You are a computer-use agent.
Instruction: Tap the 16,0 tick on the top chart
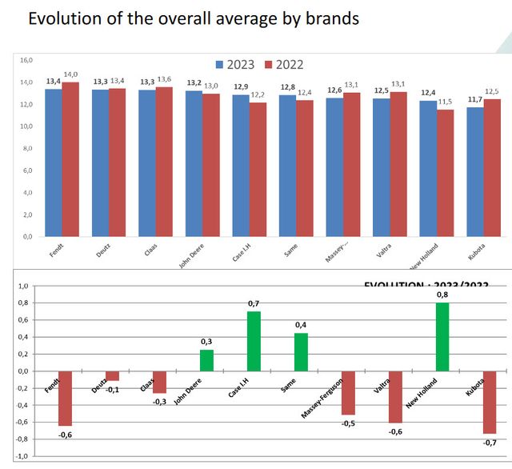(x=26, y=60)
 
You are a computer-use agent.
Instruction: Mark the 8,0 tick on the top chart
(x=26, y=148)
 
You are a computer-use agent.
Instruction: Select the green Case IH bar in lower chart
(x=254, y=341)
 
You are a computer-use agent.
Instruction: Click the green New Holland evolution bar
(x=442, y=336)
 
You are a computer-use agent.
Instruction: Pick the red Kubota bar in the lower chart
(x=490, y=403)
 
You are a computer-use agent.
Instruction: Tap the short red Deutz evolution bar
(x=114, y=375)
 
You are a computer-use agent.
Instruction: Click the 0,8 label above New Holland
(x=442, y=295)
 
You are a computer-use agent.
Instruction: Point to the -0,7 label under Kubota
(x=490, y=443)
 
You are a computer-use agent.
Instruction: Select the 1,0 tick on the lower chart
(x=23, y=287)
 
